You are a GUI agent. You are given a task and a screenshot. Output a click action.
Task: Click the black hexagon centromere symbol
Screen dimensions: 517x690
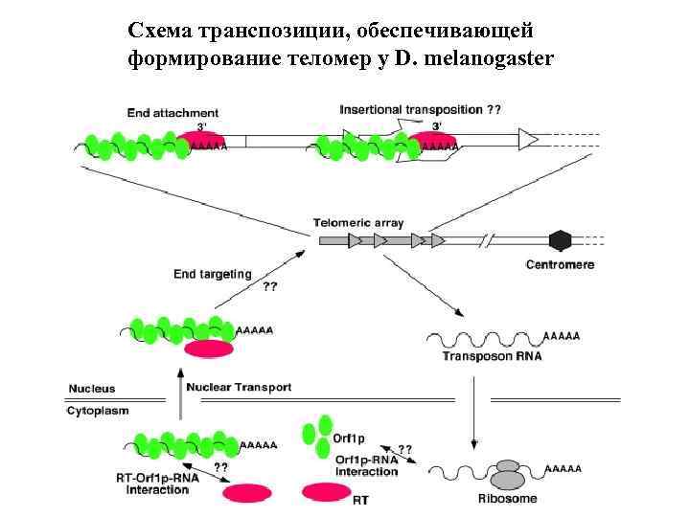(559, 239)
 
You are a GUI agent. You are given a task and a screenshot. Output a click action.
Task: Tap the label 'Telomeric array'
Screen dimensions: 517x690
(358, 222)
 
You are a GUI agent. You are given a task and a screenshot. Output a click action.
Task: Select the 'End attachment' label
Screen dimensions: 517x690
(173, 112)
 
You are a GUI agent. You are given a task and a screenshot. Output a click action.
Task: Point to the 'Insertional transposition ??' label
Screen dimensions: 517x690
(420, 110)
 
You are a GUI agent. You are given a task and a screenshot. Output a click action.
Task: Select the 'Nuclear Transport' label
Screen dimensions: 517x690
(239, 388)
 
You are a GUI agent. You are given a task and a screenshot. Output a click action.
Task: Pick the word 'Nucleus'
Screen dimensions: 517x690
(92, 389)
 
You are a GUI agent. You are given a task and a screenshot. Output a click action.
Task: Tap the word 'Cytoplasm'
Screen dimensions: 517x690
(98, 410)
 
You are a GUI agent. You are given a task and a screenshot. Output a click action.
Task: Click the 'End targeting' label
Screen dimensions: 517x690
(213, 274)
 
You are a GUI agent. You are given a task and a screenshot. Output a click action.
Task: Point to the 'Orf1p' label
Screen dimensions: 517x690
(349, 439)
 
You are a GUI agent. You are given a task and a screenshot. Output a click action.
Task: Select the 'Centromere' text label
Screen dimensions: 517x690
(561, 264)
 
